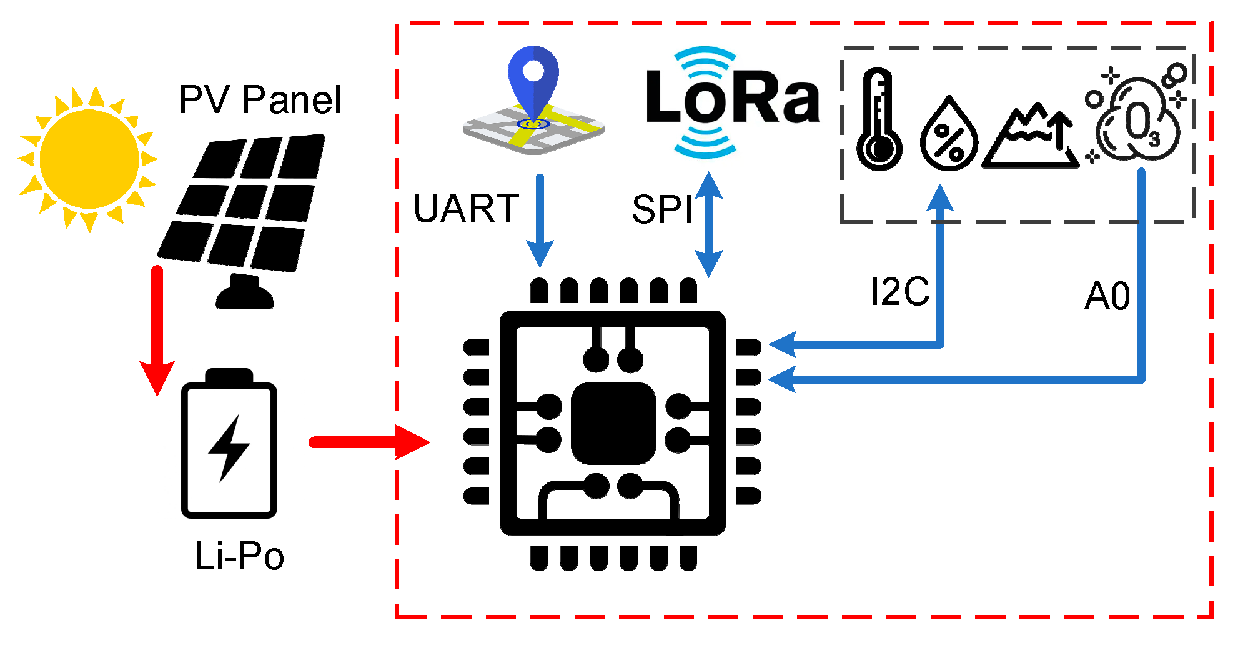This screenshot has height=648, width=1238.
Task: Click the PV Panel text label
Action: tap(260, 99)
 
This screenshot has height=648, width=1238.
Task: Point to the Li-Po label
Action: tap(239, 556)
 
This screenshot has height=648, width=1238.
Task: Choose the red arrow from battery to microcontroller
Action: tap(369, 442)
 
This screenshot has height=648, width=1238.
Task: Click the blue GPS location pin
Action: tap(533, 81)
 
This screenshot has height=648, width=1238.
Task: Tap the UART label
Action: tap(466, 208)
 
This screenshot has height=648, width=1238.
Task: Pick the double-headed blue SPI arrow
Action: tap(708, 225)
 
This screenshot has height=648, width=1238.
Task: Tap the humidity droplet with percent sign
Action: tap(949, 135)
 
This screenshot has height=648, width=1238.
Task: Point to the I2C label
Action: tap(900, 291)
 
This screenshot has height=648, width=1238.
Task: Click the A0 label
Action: tap(1107, 296)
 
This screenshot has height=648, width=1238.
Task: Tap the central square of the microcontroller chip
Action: tap(613, 423)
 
